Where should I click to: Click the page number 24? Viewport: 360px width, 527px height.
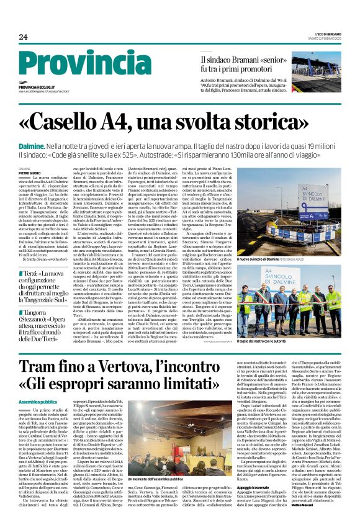[23, 37]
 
